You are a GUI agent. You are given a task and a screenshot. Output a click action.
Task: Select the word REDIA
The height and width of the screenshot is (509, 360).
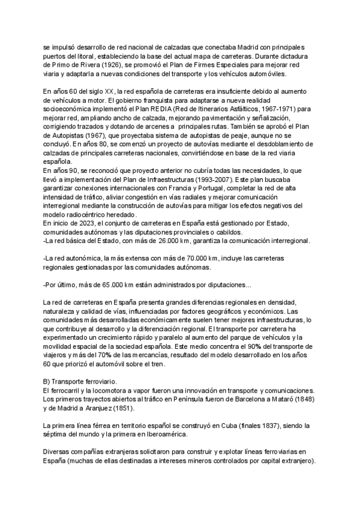pos(170,109)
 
